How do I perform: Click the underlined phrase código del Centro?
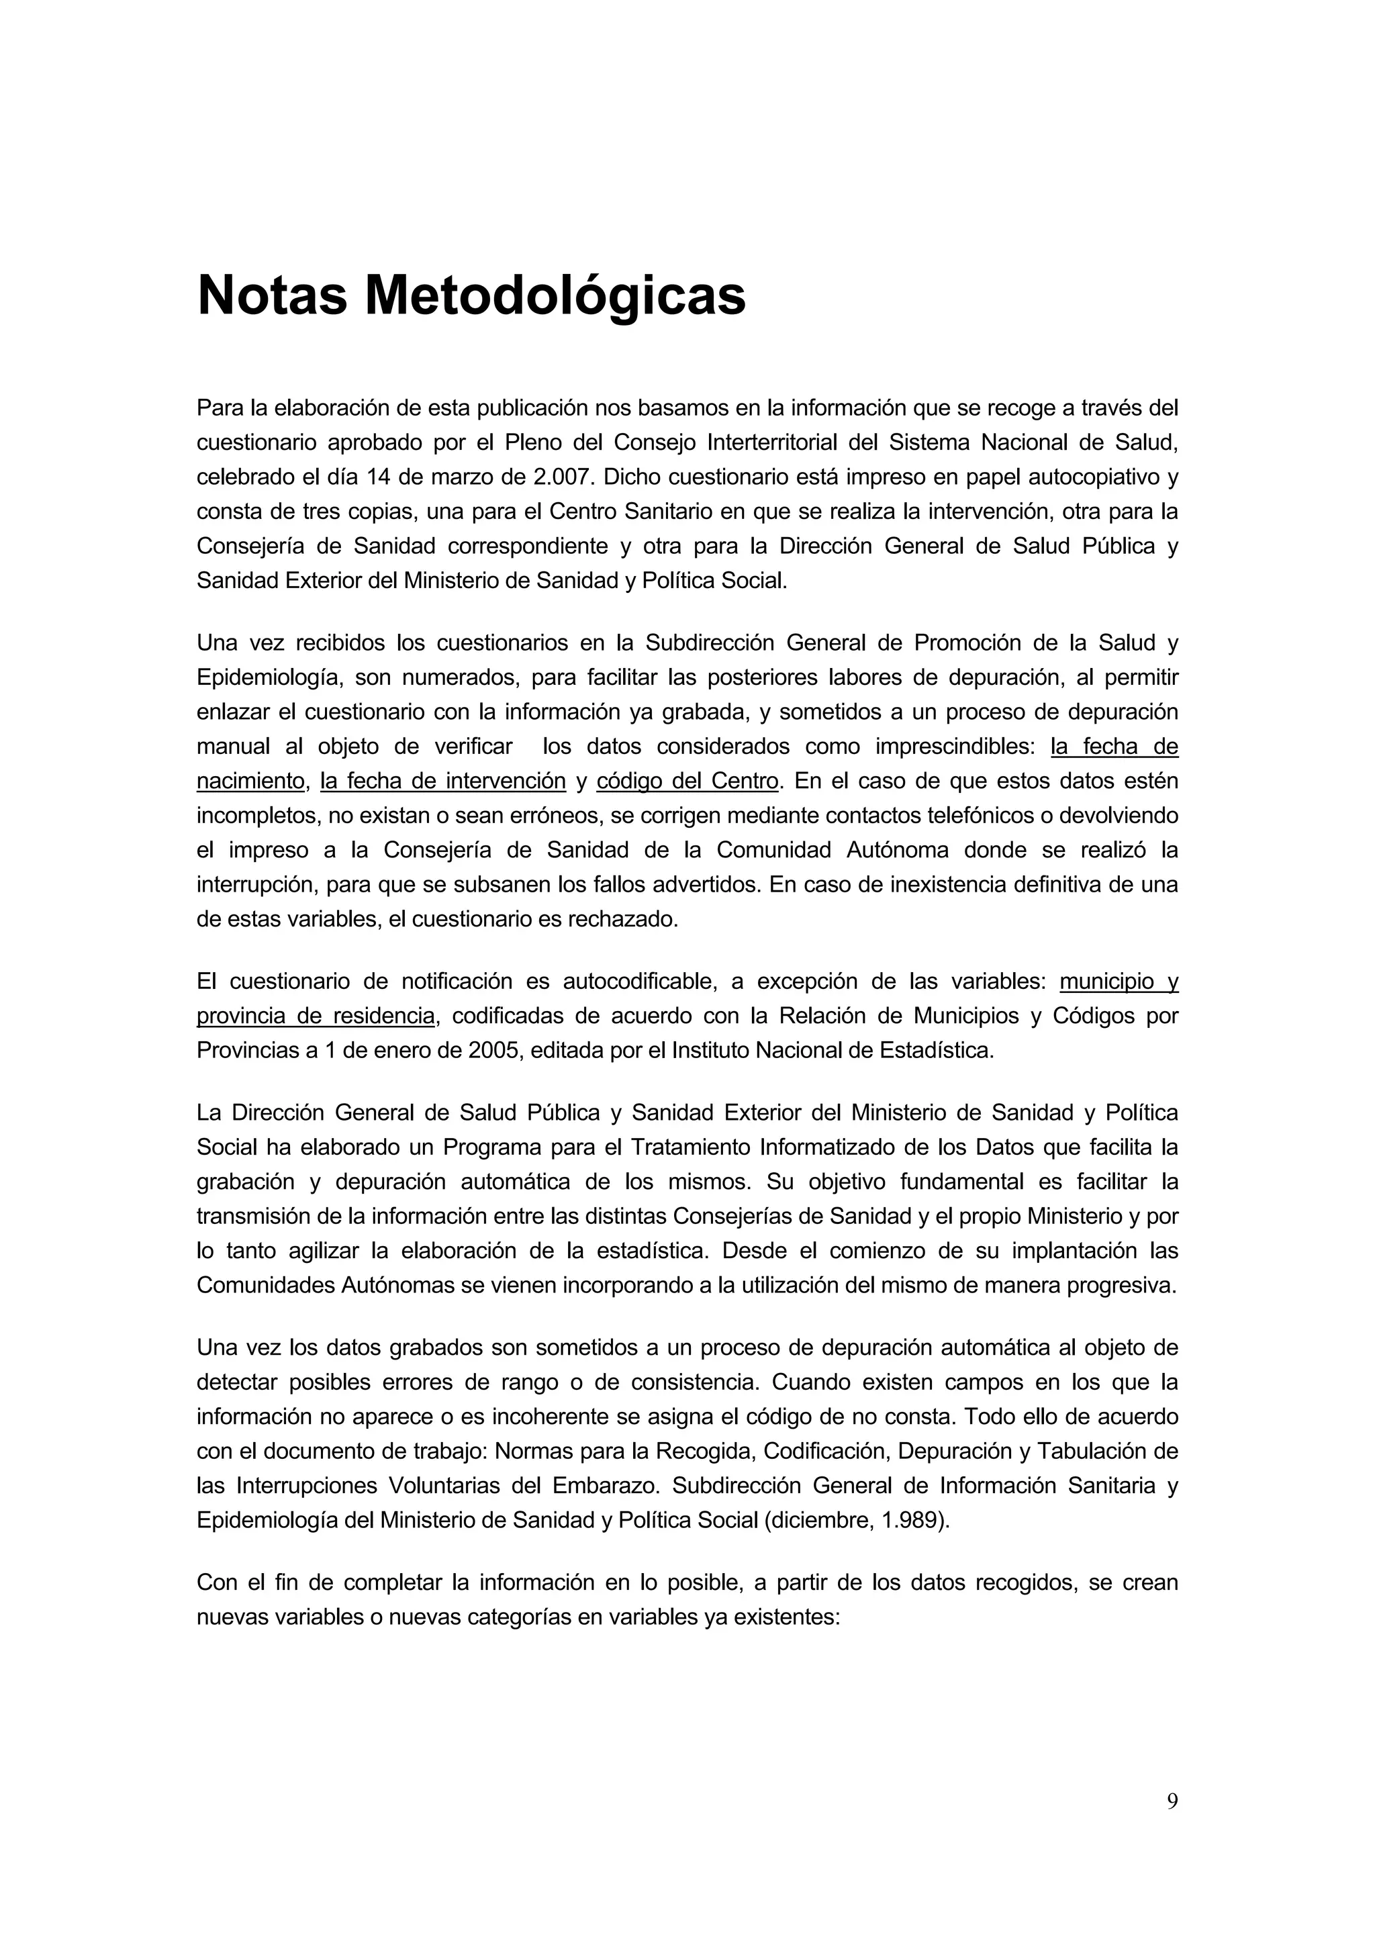click(x=687, y=780)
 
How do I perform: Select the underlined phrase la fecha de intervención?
click(x=442, y=780)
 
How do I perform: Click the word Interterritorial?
click(x=772, y=442)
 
